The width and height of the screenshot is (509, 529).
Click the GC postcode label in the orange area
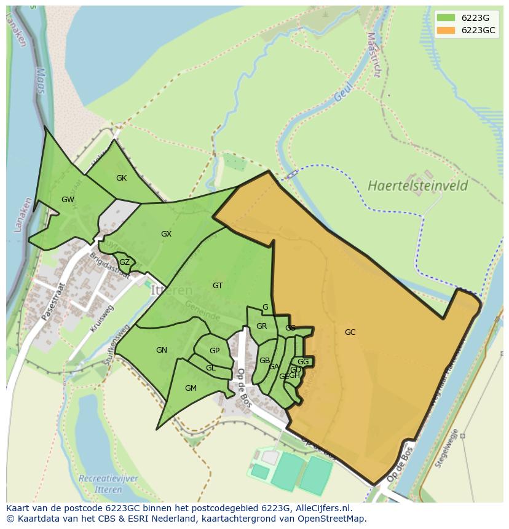pos(350,332)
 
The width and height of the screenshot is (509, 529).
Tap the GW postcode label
pos(68,200)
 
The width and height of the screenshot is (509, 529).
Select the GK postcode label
pos(121,178)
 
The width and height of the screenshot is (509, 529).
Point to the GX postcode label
pos(166,234)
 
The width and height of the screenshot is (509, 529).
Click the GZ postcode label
pos(124,262)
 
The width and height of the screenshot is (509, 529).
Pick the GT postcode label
pos(218,286)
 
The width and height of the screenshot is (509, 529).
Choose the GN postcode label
pos(162,350)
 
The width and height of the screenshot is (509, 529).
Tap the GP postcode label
pos(215,351)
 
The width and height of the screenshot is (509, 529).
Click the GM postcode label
pos(191,388)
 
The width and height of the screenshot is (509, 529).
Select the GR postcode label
pos(262,326)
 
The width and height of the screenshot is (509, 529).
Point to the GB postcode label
pos(264,361)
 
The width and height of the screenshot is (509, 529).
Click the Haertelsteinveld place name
pos(417,186)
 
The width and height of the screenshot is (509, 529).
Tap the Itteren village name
pos(172,290)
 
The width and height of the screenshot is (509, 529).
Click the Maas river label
pos(39,80)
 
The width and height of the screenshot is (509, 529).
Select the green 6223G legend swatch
pos(446,18)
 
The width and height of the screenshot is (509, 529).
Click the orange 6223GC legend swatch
pos(446,30)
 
